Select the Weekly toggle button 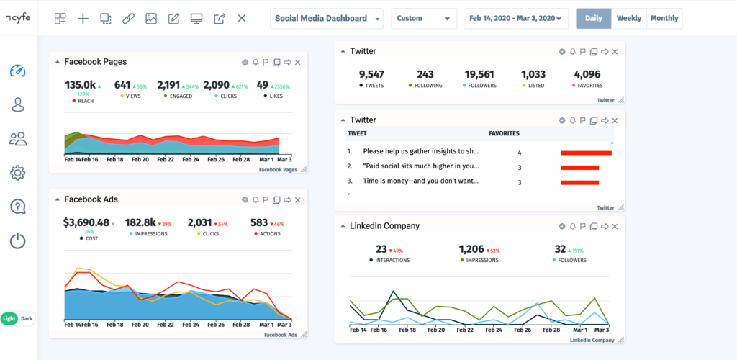[x=628, y=19]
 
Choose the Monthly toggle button [x=664, y=19]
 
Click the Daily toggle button [x=593, y=19]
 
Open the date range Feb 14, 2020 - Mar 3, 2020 [x=515, y=19]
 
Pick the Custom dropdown [x=424, y=19]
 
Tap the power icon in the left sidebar [x=18, y=240]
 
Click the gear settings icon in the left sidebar [x=18, y=173]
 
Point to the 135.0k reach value [x=80, y=85]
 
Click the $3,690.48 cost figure [x=86, y=222]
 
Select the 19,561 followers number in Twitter [x=479, y=73]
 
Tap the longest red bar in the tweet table [x=586, y=153]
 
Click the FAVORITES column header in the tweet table [x=504, y=133]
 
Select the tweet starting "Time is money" [x=420, y=181]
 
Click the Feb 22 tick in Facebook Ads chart [x=167, y=325]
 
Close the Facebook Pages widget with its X [x=298, y=62]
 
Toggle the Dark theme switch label [x=27, y=318]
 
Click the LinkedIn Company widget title [x=384, y=225]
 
